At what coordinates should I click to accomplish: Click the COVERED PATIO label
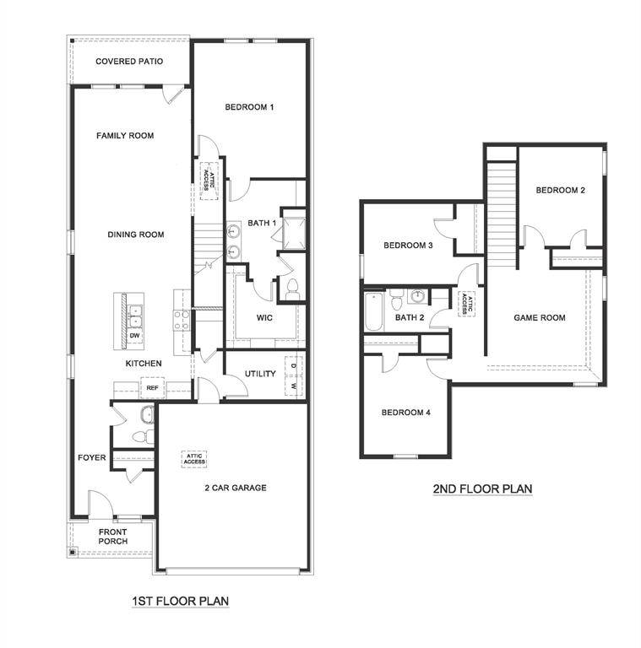pos(129,62)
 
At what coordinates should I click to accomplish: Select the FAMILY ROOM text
pos(125,135)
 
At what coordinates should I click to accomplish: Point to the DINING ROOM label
pos(135,235)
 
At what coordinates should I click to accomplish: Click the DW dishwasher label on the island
pos(133,335)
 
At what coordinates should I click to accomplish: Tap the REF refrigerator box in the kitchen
pos(152,388)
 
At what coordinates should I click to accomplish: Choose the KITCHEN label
pos(144,364)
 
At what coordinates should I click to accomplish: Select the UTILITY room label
pos(260,374)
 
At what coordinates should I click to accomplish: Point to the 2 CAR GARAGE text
pos(236,488)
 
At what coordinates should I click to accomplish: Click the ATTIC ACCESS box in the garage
pos(194,459)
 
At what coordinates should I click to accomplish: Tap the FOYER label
pos(92,458)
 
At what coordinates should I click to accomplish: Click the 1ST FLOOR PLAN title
pos(180,601)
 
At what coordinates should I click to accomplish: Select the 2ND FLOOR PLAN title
pos(482,489)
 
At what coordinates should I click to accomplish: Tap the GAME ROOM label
pos(540,318)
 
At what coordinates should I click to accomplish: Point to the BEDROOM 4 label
pos(406,413)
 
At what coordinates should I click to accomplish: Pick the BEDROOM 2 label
pos(561,191)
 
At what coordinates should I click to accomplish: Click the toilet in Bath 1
pos(292,289)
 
